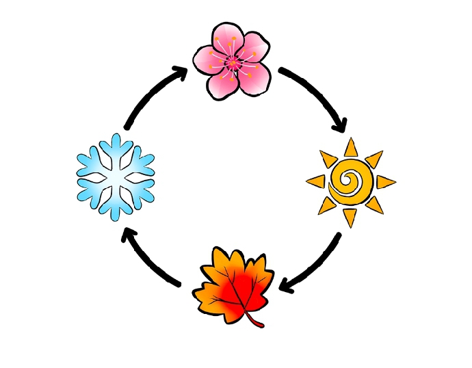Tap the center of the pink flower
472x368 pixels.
click(x=233, y=64)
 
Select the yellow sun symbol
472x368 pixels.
click(x=350, y=182)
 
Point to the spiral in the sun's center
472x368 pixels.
click(x=350, y=182)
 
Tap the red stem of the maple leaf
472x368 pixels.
click(x=255, y=321)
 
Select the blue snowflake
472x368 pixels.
click(x=116, y=176)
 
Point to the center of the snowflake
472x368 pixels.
click(x=116, y=176)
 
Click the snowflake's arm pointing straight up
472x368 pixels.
click(x=116, y=144)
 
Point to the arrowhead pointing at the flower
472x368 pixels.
click(x=181, y=73)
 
